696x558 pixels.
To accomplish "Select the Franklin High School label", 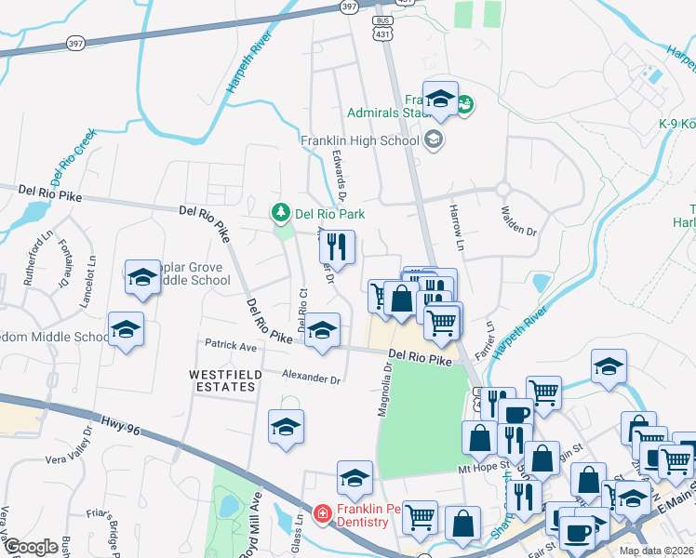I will pos(360,141).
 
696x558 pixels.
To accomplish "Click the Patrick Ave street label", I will pos(231,346).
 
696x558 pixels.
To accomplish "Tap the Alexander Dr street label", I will pos(312,379).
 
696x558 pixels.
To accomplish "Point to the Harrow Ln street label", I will pos(457,226).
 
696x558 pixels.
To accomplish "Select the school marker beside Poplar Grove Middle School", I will pos(142,277).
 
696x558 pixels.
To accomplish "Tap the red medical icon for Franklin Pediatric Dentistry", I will pos(322,512).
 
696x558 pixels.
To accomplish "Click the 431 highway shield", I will pos(382,33).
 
